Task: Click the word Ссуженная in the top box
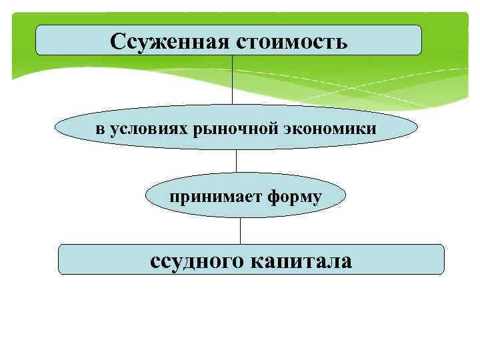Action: click(x=169, y=42)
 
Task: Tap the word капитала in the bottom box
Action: click(x=301, y=261)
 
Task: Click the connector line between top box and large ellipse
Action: click(x=232, y=80)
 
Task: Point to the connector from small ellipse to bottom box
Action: click(x=240, y=231)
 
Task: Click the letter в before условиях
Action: click(x=99, y=128)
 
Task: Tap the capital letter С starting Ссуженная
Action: click(x=118, y=42)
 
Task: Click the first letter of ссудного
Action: click(x=155, y=262)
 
